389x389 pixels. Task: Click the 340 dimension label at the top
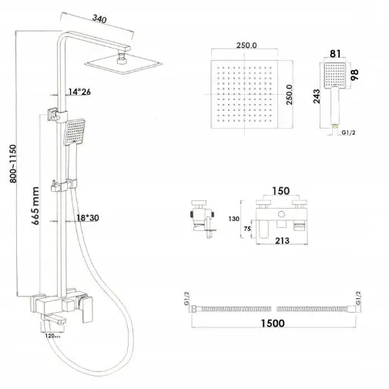coord(99,19)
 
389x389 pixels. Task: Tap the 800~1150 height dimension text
coord(13,164)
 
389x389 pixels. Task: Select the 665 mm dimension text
coord(35,206)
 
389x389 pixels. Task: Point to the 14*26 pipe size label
coord(79,92)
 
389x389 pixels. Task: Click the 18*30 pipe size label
coord(88,218)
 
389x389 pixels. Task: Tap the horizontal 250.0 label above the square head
coord(246,45)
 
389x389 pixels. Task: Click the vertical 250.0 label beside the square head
coord(290,95)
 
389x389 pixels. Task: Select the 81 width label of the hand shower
coord(335,54)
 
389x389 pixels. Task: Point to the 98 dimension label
coord(354,75)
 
